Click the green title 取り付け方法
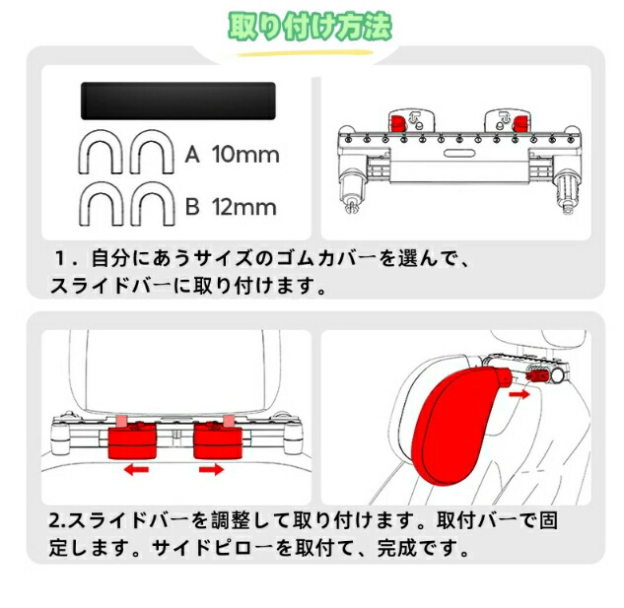click(x=310, y=27)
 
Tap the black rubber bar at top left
click(x=178, y=101)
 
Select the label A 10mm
click(x=232, y=155)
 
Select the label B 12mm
click(x=231, y=207)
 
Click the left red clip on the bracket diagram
click(x=398, y=123)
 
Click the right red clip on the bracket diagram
click(x=519, y=123)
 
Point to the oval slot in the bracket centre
click(x=459, y=153)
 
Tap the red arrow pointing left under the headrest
click(x=136, y=470)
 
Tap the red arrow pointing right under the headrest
click(x=211, y=469)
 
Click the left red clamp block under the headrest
click(x=132, y=440)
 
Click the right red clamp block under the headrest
click(x=218, y=440)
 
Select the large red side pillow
click(x=457, y=426)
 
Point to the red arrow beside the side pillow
click(x=520, y=394)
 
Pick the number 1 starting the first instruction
click(x=60, y=258)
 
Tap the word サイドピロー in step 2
click(x=213, y=548)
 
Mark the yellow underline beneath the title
click(x=305, y=53)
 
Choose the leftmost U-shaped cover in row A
click(x=101, y=152)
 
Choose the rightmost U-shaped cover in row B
click(x=153, y=204)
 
